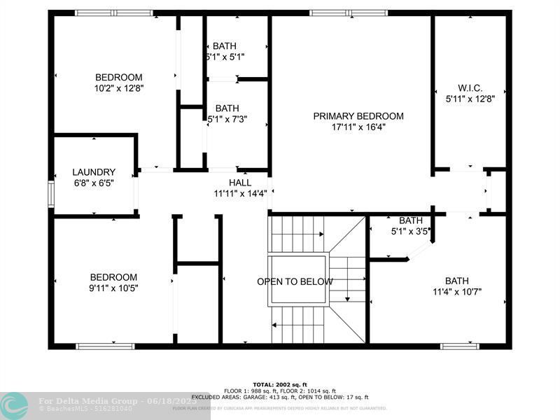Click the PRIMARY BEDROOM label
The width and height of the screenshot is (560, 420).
(x=358, y=116)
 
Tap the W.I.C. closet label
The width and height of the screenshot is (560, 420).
(x=470, y=87)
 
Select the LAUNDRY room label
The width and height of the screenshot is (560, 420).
(x=94, y=172)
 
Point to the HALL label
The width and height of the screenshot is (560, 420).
(x=239, y=183)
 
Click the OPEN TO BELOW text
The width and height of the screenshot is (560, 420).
(x=295, y=282)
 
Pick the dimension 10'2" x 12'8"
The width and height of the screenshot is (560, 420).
(x=119, y=88)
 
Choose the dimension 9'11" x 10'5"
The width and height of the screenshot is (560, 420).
(x=113, y=288)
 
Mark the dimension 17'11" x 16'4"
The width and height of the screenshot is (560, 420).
(x=358, y=127)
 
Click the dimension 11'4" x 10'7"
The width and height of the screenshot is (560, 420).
(x=457, y=292)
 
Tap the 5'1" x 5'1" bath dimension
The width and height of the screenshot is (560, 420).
(x=225, y=57)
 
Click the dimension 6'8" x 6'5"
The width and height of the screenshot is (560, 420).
(x=93, y=183)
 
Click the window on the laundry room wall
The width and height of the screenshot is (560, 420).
(x=50, y=194)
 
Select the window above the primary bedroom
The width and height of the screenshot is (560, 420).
(x=339, y=13)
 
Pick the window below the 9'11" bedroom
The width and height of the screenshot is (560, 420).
(x=105, y=346)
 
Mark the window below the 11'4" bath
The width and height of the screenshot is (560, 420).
(x=460, y=346)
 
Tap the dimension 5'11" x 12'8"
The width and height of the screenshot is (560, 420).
(x=470, y=99)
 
